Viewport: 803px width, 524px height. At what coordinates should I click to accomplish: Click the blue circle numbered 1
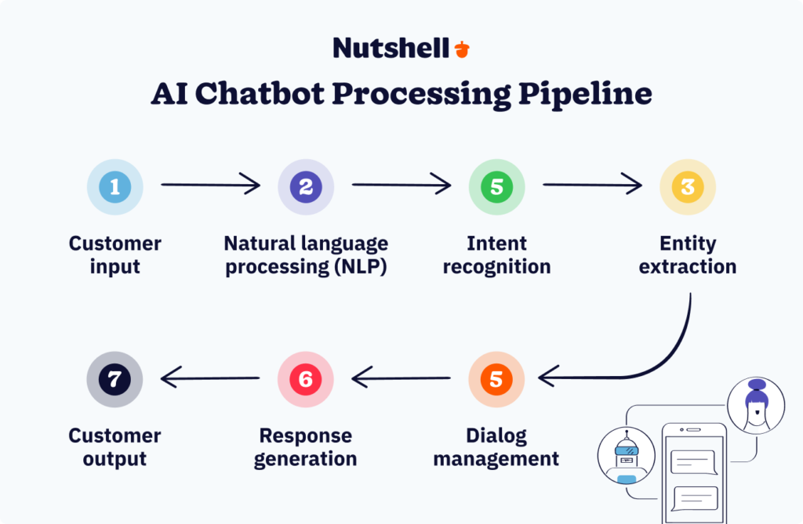(114, 187)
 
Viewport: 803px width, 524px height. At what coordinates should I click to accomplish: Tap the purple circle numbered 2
(306, 187)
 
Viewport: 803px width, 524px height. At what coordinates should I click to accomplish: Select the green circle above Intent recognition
(496, 187)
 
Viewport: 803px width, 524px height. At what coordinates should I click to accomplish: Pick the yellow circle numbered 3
(688, 187)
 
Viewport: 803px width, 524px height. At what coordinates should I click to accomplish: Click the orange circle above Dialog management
(496, 379)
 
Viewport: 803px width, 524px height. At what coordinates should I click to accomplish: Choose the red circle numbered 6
(306, 379)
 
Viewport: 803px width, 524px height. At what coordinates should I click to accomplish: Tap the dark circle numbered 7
(114, 379)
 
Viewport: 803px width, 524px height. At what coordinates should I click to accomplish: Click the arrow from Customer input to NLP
(210, 186)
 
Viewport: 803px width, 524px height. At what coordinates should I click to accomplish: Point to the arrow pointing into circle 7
(210, 379)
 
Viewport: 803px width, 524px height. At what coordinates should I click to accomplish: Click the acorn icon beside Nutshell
(462, 49)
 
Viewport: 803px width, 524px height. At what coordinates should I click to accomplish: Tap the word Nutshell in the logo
(391, 48)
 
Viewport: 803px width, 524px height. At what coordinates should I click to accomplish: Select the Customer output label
(114, 447)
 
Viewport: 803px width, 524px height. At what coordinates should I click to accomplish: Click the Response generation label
(306, 447)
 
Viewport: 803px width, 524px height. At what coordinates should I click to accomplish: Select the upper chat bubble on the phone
(692, 462)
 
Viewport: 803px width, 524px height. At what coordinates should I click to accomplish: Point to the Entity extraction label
(688, 255)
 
